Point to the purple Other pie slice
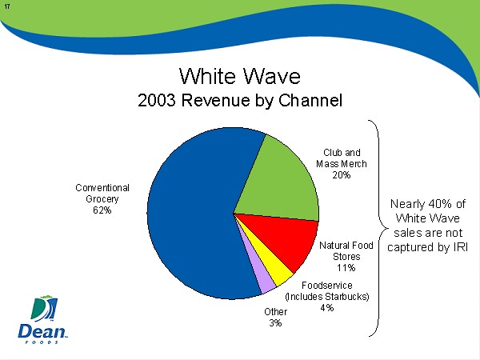pyautogui.click(x=262, y=279)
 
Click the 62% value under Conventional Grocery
pyautogui.click(x=102, y=210)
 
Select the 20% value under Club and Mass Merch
pyautogui.click(x=342, y=174)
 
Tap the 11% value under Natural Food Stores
pyautogui.click(x=346, y=267)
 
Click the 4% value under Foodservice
pyautogui.click(x=326, y=307)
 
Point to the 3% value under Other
pyautogui.click(x=275, y=323)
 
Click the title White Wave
pyautogui.click(x=239, y=76)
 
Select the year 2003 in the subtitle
pyautogui.click(x=158, y=102)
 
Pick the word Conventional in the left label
pyautogui.click(x=102, y=187)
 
